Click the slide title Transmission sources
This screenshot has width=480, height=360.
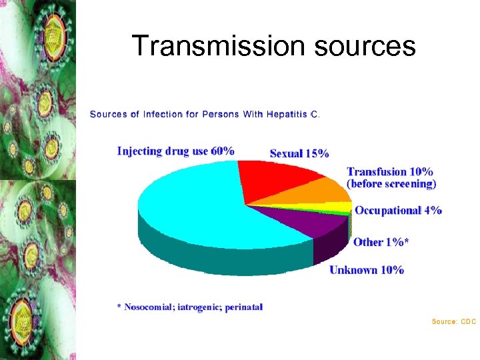pyautogui.click(x=273, y=46)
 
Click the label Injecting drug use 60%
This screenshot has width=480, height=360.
pyautogui.click(x=175, y=151)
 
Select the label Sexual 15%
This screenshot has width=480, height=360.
pyautogui.click(x=299, y=154)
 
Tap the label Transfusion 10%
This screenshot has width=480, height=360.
pyautogui.click(x=390, y=172)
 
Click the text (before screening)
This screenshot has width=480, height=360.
pyautogui.click(x=391, y=183)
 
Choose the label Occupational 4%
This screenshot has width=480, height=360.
pyautogui.click(x=398, y=211)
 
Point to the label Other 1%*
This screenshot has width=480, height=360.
pyautogui.click(x=381, y=242)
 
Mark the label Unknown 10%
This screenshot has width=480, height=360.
pyautogui.click(x=367, y=270)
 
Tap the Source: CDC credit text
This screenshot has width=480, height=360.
pyautogui.click(x=453, y=322)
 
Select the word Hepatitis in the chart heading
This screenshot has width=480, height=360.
pyautogui.click(x=287, y=114)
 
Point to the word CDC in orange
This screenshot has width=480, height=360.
pyautogui.click(x=469, y=322)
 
